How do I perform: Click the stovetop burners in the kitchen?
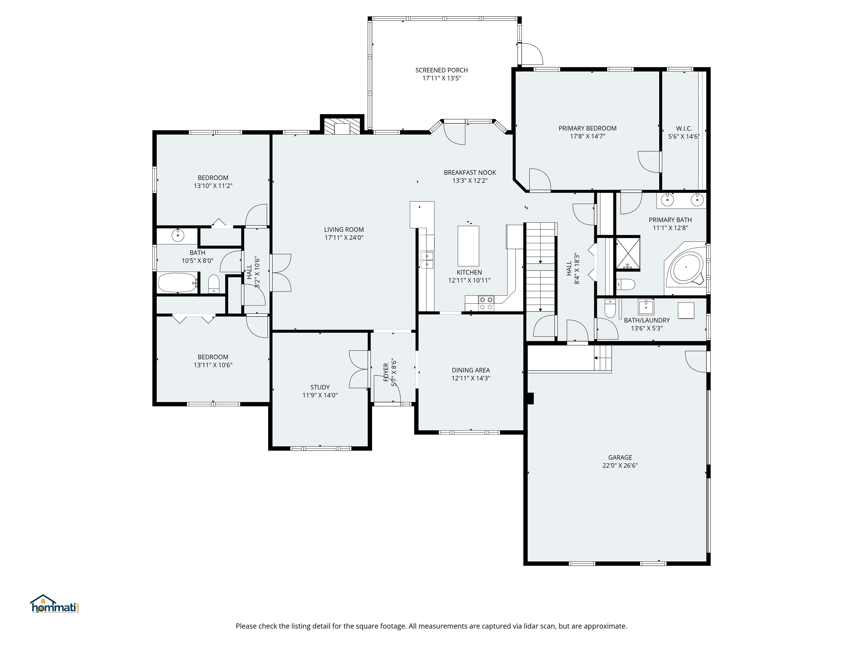click(486, 303)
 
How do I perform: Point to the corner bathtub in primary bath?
click(686, 269)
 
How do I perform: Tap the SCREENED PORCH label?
click(441, 70)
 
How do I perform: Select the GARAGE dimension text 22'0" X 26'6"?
click(620, 465)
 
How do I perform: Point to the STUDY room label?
click(320, 387)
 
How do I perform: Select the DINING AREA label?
click(471, 370)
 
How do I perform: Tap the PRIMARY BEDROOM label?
click(587, 128)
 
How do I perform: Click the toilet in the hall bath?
click(214, 284)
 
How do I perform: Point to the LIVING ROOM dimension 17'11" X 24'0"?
click(344, 237)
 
